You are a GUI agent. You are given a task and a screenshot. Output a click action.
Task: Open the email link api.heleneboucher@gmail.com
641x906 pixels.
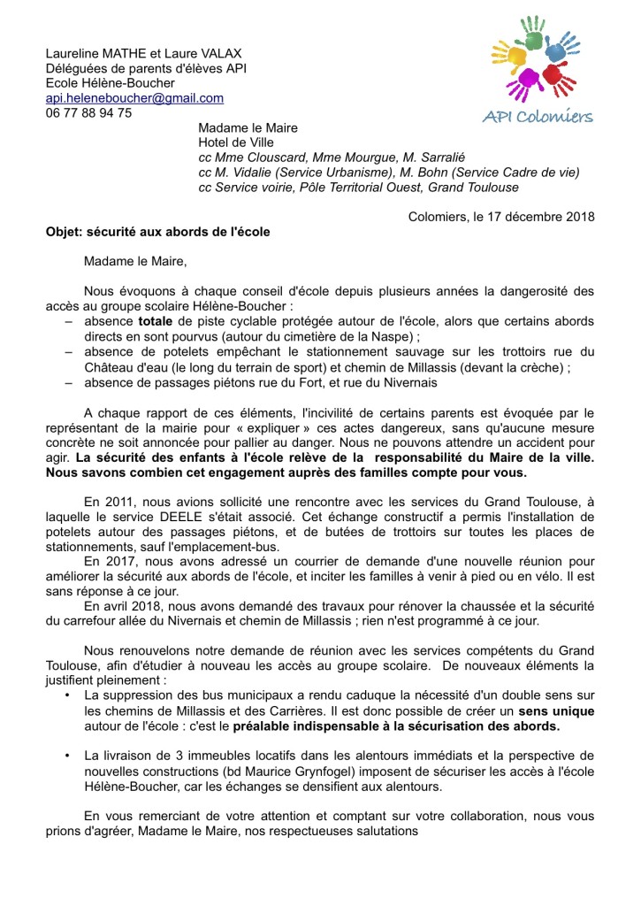(x=134, y=98)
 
